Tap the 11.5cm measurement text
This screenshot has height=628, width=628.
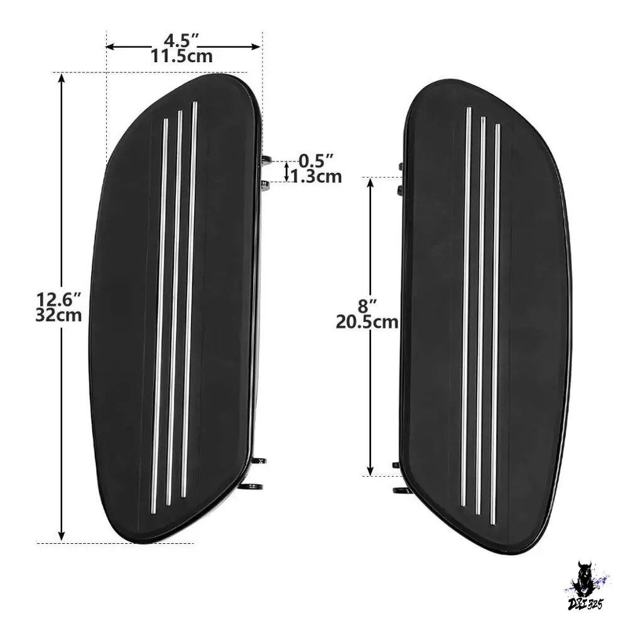pyautogui.click(x=181, y=57)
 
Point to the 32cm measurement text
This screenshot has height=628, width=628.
pyautogui.click(x=58, y=315)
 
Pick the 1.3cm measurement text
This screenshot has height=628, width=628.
pyautogui.click(x=316, y=176)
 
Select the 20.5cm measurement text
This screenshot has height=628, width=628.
pyautogui.click(x=367, y=322)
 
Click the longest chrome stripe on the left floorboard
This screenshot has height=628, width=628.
pyautogui.click(x=188, y=300)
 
